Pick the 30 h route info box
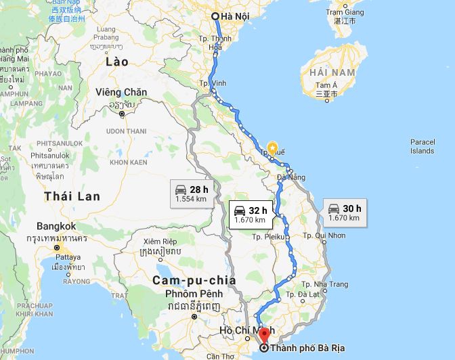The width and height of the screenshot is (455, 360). (345, 213)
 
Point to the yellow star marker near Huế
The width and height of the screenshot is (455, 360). (272, 145)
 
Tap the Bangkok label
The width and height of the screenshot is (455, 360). (58, 226)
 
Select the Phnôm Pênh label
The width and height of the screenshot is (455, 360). (194, 294)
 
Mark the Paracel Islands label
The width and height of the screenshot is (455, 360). (422, 145)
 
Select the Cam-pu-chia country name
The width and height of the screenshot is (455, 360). (193, 279)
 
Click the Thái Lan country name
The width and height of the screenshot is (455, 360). (72, 196)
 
